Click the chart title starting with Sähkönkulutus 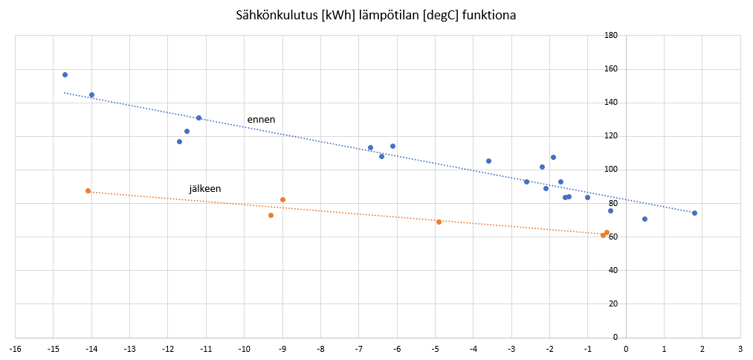point(376,16)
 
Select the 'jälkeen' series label point(205,190)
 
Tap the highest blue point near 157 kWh point(65,75)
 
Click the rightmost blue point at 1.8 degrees point(694,213)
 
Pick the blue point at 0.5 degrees point(644,219)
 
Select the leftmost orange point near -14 point(88,190)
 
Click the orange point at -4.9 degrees point(439,222)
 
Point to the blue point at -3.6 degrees point(488,161)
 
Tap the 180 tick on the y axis point(611,36)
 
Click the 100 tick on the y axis point(611,170)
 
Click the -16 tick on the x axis point(15,348)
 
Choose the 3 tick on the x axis point(740,348)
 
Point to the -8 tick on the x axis point(320,348)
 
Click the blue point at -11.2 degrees point(198,118)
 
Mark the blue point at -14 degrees point(91,95)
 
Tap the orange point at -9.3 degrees point(271,215)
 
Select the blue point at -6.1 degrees point(392,146)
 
